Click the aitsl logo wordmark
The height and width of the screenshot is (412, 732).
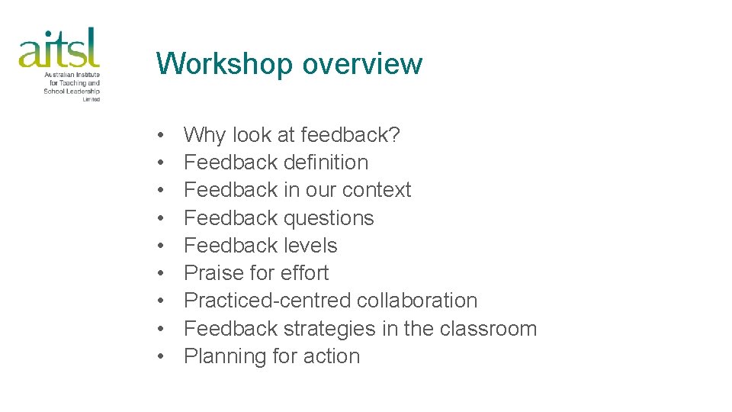(59, 48)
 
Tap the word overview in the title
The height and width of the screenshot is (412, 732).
(362, 63)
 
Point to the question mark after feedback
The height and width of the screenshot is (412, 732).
(395, 135)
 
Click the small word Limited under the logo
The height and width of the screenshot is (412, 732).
(91, 99)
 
